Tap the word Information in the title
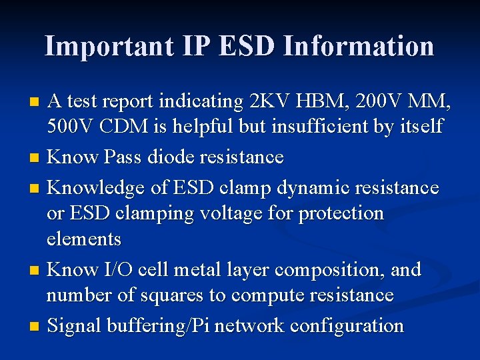click(x=358, y=46)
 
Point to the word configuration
click(x=349, y=326)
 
